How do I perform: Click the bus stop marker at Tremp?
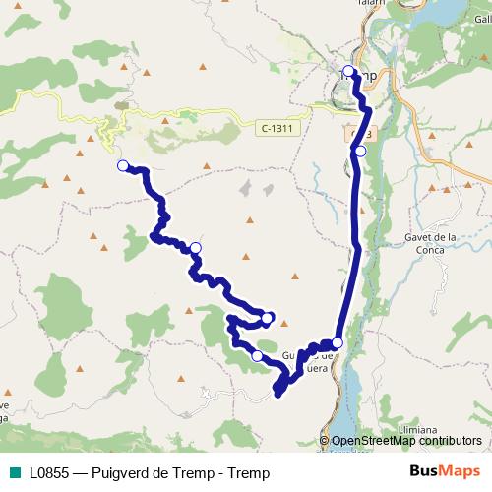(x=348, y=71)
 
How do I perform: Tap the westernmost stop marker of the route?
(x=123, y=166)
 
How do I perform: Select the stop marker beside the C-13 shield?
(x=361, y=151)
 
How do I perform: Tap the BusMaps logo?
(x=446, y=472)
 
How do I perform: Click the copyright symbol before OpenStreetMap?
(x=325, y=441)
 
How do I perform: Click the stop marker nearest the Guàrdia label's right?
(x=338, y=342)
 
